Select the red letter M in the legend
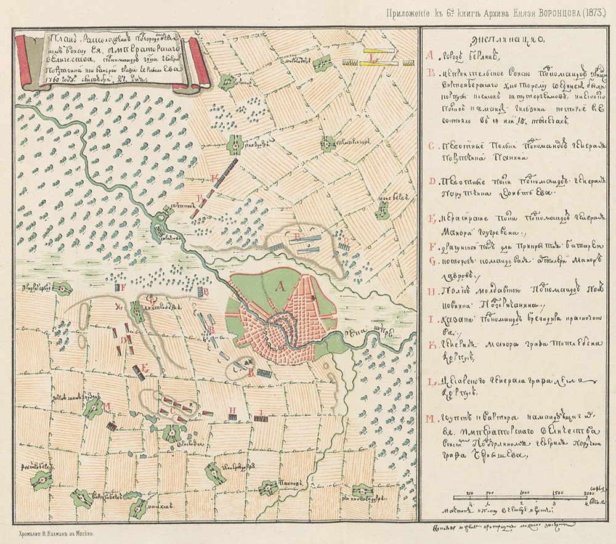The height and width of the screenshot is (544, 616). [x=429, y=420]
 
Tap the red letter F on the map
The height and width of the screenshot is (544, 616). [x=123, y=286]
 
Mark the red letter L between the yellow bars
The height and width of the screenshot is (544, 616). [x=375, y=60]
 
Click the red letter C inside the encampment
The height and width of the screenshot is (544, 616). [x=172, y=407]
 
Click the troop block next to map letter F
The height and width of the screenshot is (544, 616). [x=115, y=287]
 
